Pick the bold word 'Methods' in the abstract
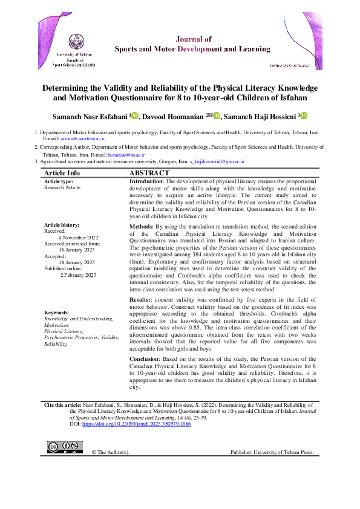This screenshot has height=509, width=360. [141, 226]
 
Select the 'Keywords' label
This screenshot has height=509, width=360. [56, 313]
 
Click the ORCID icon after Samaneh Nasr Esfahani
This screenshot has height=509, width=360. [135, 115]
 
